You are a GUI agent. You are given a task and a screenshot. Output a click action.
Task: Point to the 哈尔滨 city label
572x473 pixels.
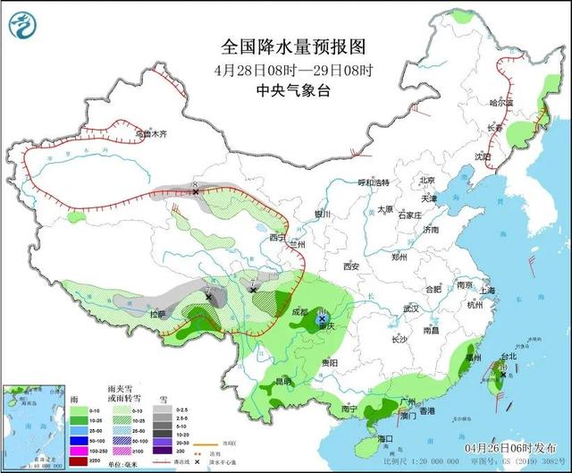502,103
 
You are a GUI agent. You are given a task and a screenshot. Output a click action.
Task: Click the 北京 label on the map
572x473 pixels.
427,179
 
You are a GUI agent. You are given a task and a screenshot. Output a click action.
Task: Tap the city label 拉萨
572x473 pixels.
158,314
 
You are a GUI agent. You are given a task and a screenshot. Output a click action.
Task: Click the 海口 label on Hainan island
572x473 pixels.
386,438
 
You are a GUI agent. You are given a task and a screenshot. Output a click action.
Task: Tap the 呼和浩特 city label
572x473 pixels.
369,182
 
